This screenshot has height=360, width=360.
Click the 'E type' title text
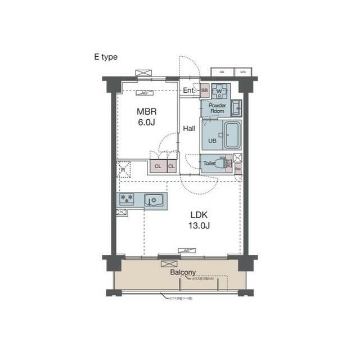pyautogui.click(x=105, y=57)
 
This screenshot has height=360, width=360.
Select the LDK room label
pyautogui.click(x=200, y=215)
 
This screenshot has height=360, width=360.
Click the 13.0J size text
pyautogui.click(x=200, y=226)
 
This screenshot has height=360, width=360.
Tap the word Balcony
pyautogui.click(x=183, y=272)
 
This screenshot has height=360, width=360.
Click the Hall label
pyautogui.click(x=189, y=129)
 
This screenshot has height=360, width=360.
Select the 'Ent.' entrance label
pyautogui.click(x=189, y=90)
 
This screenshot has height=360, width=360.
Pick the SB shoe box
pyautogui.click(x=204, y=90)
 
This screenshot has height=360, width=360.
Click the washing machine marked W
pyautogui.click(x=219, y=91)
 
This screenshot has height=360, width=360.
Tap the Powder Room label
pyautogui.click(x=217, y=108)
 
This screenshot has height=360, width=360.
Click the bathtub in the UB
pyautogui.click(x=231, y=134)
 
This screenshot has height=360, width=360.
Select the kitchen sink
pyautogui.click(x=153, y=199)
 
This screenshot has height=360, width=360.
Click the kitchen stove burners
pyautogui.click(x=127, y=198)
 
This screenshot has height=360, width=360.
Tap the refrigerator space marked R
pyautogui.click(x=123, y=168)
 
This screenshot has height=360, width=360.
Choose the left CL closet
pyautogui.click(x=157, y=166)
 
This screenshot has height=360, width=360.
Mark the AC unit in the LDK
pyautogui.click(x=186, y=250)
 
